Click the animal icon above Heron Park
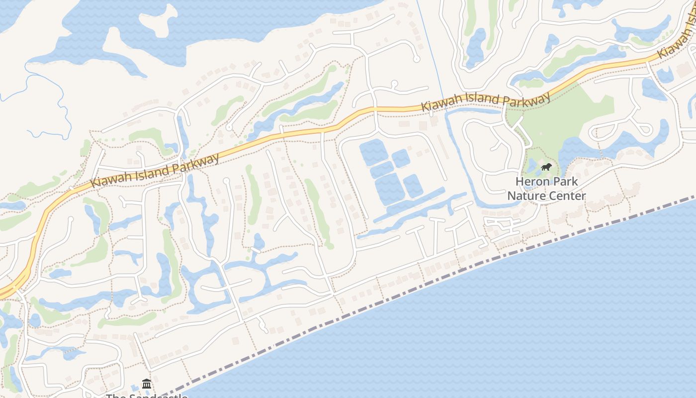(x=546, y=167)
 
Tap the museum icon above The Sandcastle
(x=147, y=384)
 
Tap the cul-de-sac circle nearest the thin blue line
(x=417, y=59)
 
